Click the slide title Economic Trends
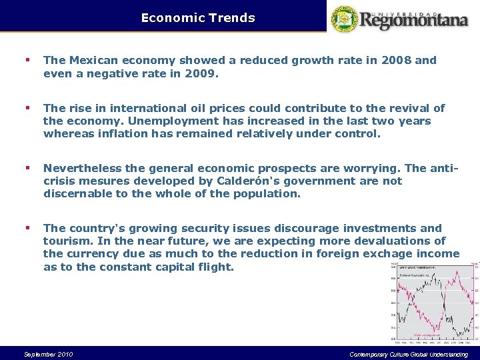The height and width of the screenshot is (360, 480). tap(198, 18)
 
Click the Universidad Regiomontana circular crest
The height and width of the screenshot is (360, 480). tap(345, 19)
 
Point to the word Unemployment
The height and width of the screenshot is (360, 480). tap(170, 121)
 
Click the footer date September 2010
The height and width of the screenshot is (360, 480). tap(48, 354)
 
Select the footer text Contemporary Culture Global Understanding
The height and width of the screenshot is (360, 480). tap(409, 354)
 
